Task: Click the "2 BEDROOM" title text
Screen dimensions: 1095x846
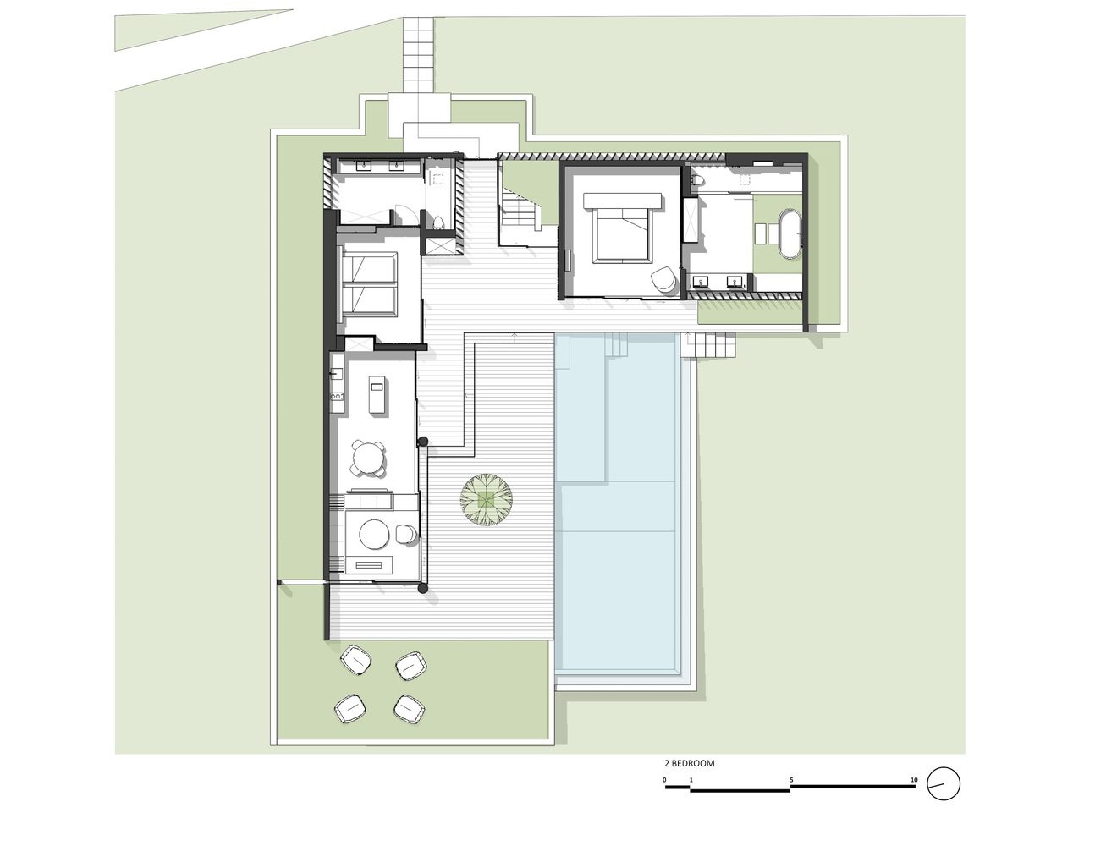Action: pyautogui.click(x=690, y=763)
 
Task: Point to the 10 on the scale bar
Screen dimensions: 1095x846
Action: pyautogui.click(x=914, y=780)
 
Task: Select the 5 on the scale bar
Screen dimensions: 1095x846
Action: pyautogui.click(x=791, y=780)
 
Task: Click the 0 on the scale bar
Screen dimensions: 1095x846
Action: pyautogui.click(x=664, y=780)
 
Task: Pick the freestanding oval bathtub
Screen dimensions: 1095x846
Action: pyautogui.click(x=790, y=233)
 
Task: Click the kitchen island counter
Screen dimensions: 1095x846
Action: pyautogui.click(x=377, y=394)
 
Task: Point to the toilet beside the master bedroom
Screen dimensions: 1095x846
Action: pyautogui.click(x=699, y=181)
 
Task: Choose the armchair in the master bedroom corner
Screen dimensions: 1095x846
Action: pyautogui.click(x=663, y=279)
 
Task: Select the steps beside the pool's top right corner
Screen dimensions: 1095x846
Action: pyautogui.click(x=707, y=346)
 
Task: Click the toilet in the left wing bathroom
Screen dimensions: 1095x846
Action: pyautogui.click(x=438, y=222)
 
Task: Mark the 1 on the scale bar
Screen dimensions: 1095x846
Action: pyautogui.click(x=691, y=780)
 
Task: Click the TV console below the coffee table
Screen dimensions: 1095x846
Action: pyautogui.click(x=374, y=564)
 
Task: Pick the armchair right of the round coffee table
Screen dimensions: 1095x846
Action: pyautogui.click(x=406, y=535)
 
